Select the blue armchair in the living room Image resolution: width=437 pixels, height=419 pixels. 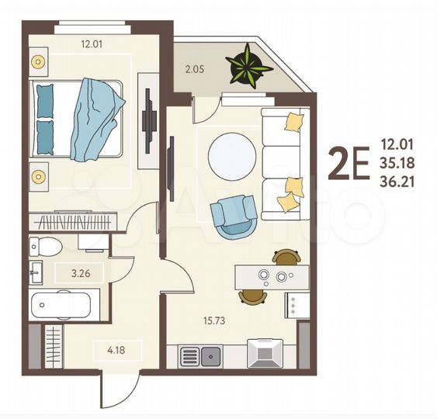[x=234, y=215]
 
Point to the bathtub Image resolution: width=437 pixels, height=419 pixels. [x=62, y=304]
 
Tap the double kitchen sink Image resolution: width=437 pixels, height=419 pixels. [x=201, y=356]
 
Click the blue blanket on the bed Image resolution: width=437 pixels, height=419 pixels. [x=95, y=116]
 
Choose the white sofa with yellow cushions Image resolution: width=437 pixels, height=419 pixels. [x=285, y=162]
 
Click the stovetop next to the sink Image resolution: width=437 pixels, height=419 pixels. [x=265, y=353]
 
